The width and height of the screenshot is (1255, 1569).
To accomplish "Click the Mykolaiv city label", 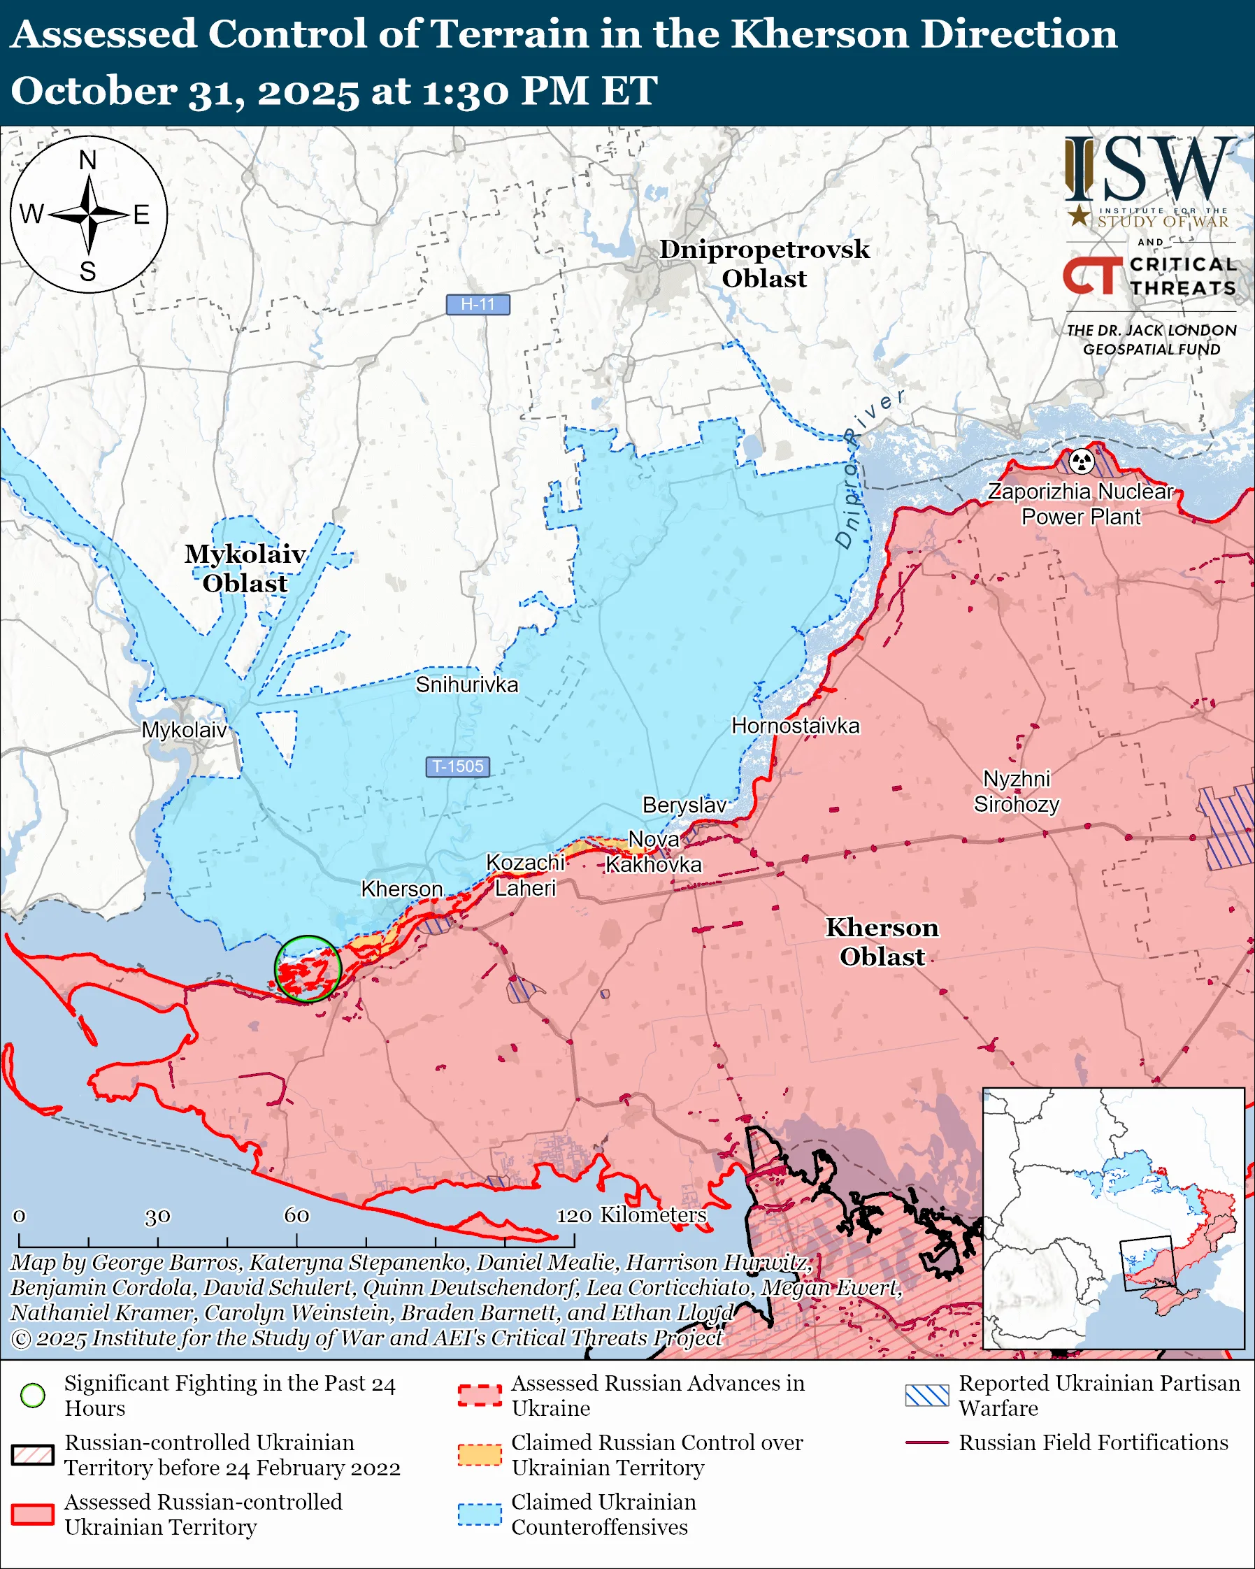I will (x=184, y=730).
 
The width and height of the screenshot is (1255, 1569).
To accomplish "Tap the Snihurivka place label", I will (x=466, y=685).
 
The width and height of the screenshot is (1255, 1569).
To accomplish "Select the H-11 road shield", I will (x=478, y=304).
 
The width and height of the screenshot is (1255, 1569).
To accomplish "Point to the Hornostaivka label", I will (x=795, y=726).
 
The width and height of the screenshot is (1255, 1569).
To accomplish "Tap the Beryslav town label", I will (x=684, y=805).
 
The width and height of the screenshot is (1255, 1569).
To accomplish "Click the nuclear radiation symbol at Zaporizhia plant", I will (x=1082, y=461).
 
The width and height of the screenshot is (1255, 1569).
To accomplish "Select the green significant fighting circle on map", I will (x=308, y=968).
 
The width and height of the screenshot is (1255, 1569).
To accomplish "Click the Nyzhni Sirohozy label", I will (x=1017, y=791).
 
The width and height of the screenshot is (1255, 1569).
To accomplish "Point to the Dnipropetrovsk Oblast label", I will (x=764, y=264).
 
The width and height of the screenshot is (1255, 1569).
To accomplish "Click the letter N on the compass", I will (x=88, y=159).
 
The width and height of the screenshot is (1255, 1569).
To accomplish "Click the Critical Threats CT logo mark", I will (x=1092, y=275).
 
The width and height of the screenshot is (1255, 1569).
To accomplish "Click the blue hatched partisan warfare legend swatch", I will (x=927, y=1395).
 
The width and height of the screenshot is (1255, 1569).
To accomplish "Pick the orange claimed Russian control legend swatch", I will (x=480, y=1455).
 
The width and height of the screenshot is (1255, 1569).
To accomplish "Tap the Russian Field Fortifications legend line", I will (x=927, y=1442).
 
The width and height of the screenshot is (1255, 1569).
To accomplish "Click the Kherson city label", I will (x=401, y=889).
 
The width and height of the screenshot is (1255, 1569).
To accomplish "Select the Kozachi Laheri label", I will (x=524, y=875).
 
